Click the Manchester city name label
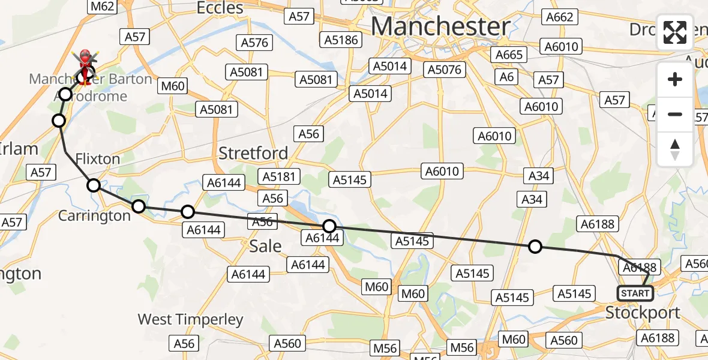(441, 26)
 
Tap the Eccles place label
(221, 8)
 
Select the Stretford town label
(253, 153)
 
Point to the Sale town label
(265, 246)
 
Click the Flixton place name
(98, 159)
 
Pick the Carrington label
(94, 215)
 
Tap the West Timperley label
(190, 319)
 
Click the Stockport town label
(643, 313)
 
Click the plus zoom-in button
(675, 79)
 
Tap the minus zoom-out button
(675, 114)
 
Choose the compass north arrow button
(675, 149)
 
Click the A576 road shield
(255, 43)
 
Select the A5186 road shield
(341, 40)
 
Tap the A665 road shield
(509, 55)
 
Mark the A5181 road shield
(278, 176)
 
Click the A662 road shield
(559, 17)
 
